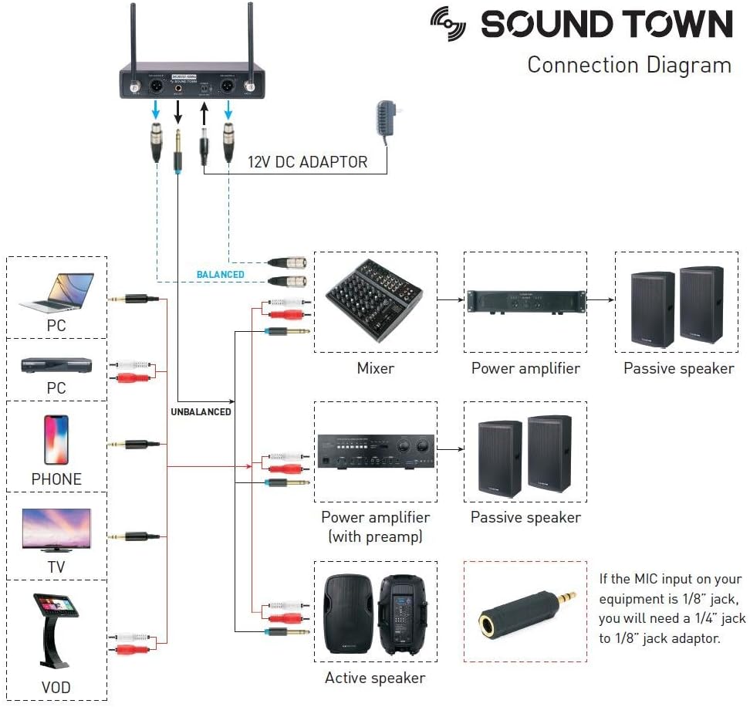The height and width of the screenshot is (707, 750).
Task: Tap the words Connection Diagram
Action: tap(629, 65)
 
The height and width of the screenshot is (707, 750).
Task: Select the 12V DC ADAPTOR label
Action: tap(307, 163)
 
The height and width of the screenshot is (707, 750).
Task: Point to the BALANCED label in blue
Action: tap(220, 275)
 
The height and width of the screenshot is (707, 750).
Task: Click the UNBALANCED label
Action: tap(201, 411)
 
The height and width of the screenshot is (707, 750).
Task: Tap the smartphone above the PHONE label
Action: tap(56, 440)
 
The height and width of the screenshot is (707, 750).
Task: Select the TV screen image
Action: tap(56, 529)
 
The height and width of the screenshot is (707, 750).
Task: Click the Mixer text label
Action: tap(375, 368)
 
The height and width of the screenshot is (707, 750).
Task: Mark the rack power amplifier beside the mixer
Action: tap(525, 300)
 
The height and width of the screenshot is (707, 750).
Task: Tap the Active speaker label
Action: tap(375, 678)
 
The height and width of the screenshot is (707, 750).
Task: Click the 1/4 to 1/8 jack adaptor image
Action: tap(524, 610)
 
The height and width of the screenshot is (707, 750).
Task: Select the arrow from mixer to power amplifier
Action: tap(450, 299)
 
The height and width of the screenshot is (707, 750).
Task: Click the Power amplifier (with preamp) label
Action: tap(375, 526)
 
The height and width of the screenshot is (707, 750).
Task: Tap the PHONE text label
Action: tap(56, 479)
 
